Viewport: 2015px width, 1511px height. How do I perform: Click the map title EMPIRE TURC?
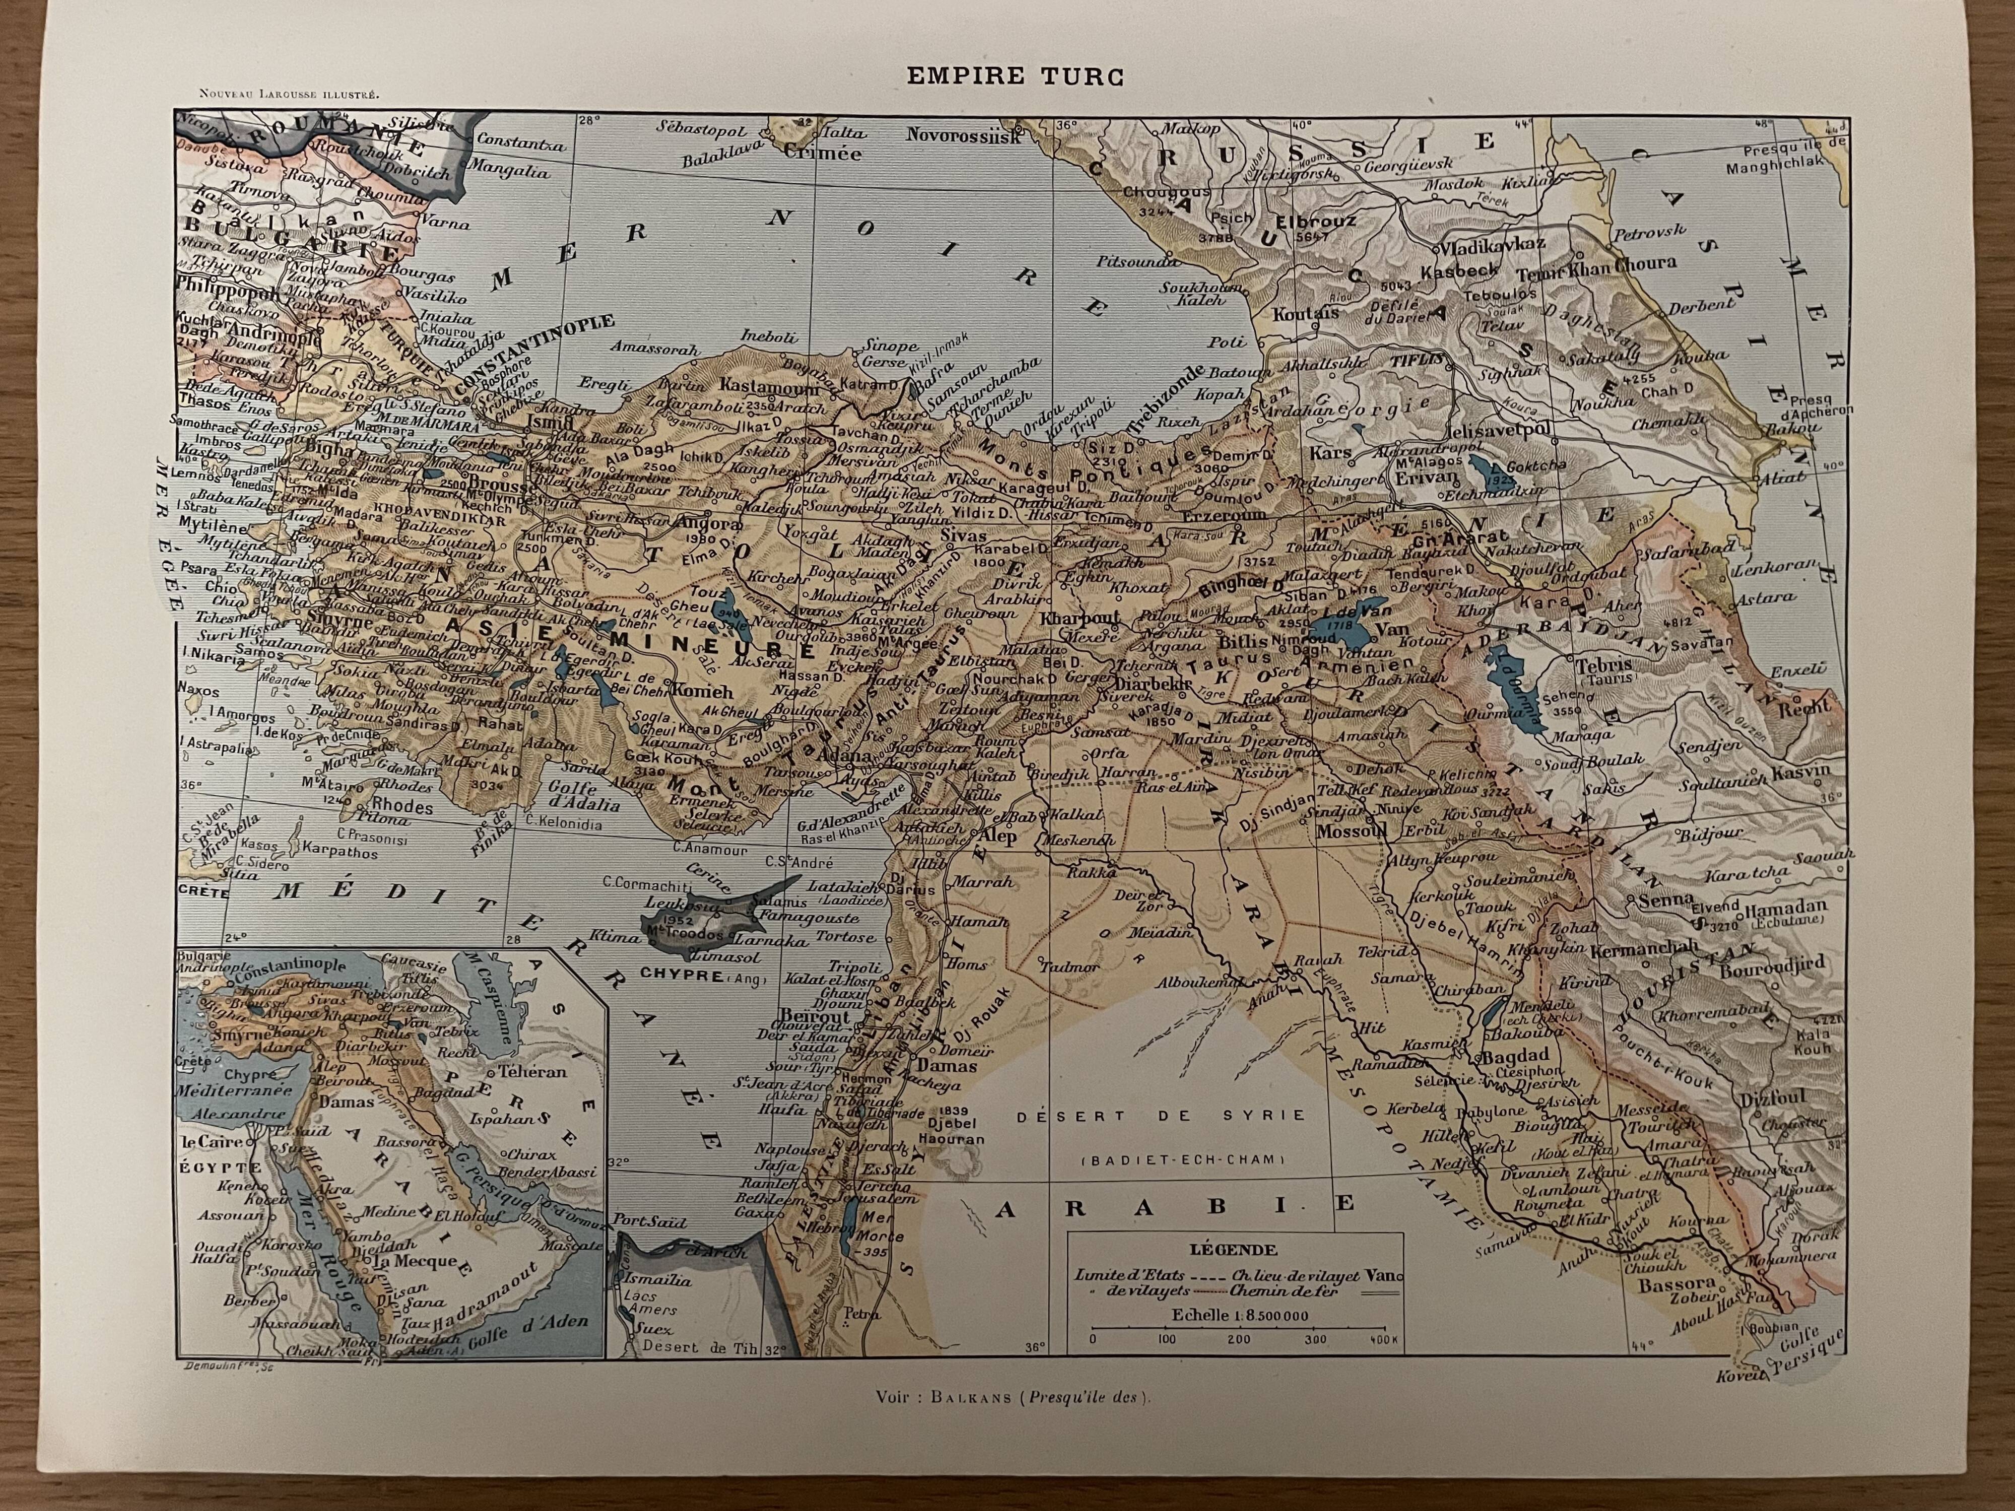coord(1015,77)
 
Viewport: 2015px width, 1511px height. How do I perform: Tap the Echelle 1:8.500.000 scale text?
coord(1241,1315)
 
